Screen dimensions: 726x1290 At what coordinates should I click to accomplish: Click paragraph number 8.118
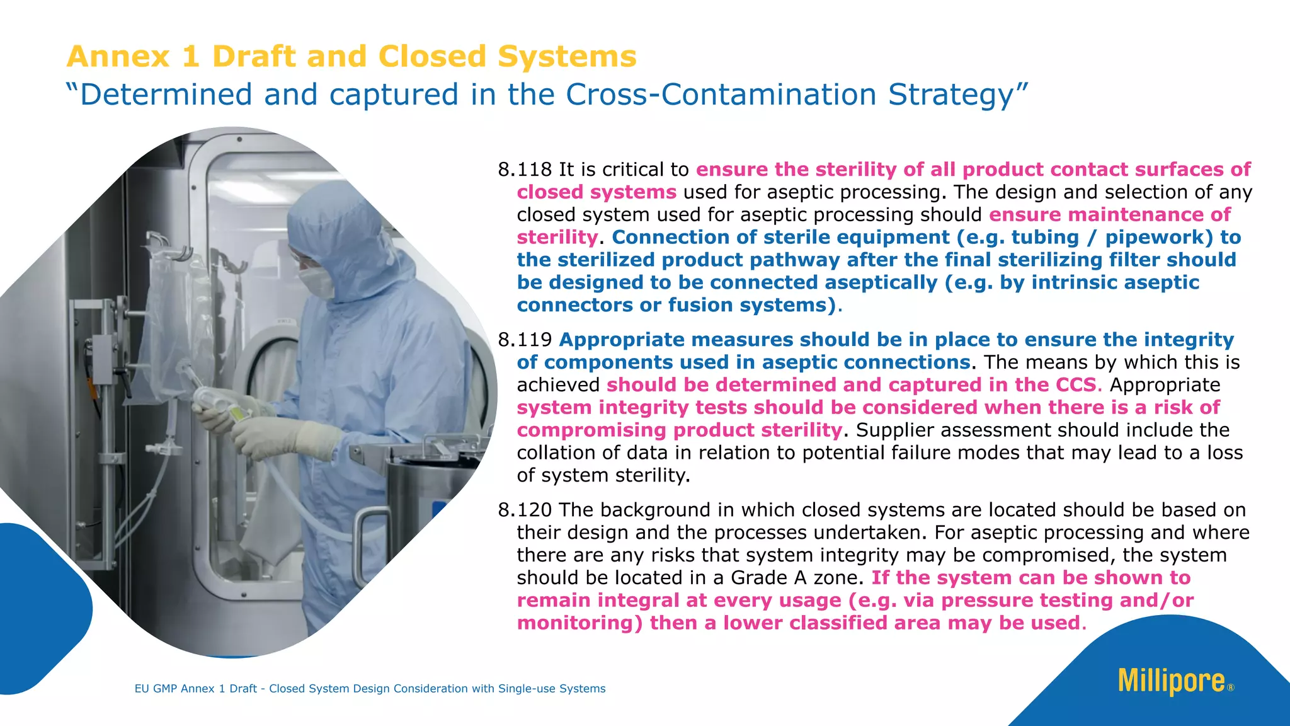click(x=524, y=170)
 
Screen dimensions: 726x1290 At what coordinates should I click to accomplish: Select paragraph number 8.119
click(x=524, y=340)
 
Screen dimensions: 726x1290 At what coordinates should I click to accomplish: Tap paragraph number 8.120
click(x=524, y=510)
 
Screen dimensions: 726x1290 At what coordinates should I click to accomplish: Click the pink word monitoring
click(x=579, y=623)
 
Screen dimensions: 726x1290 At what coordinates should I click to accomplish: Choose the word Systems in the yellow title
click(x=567, y=56)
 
